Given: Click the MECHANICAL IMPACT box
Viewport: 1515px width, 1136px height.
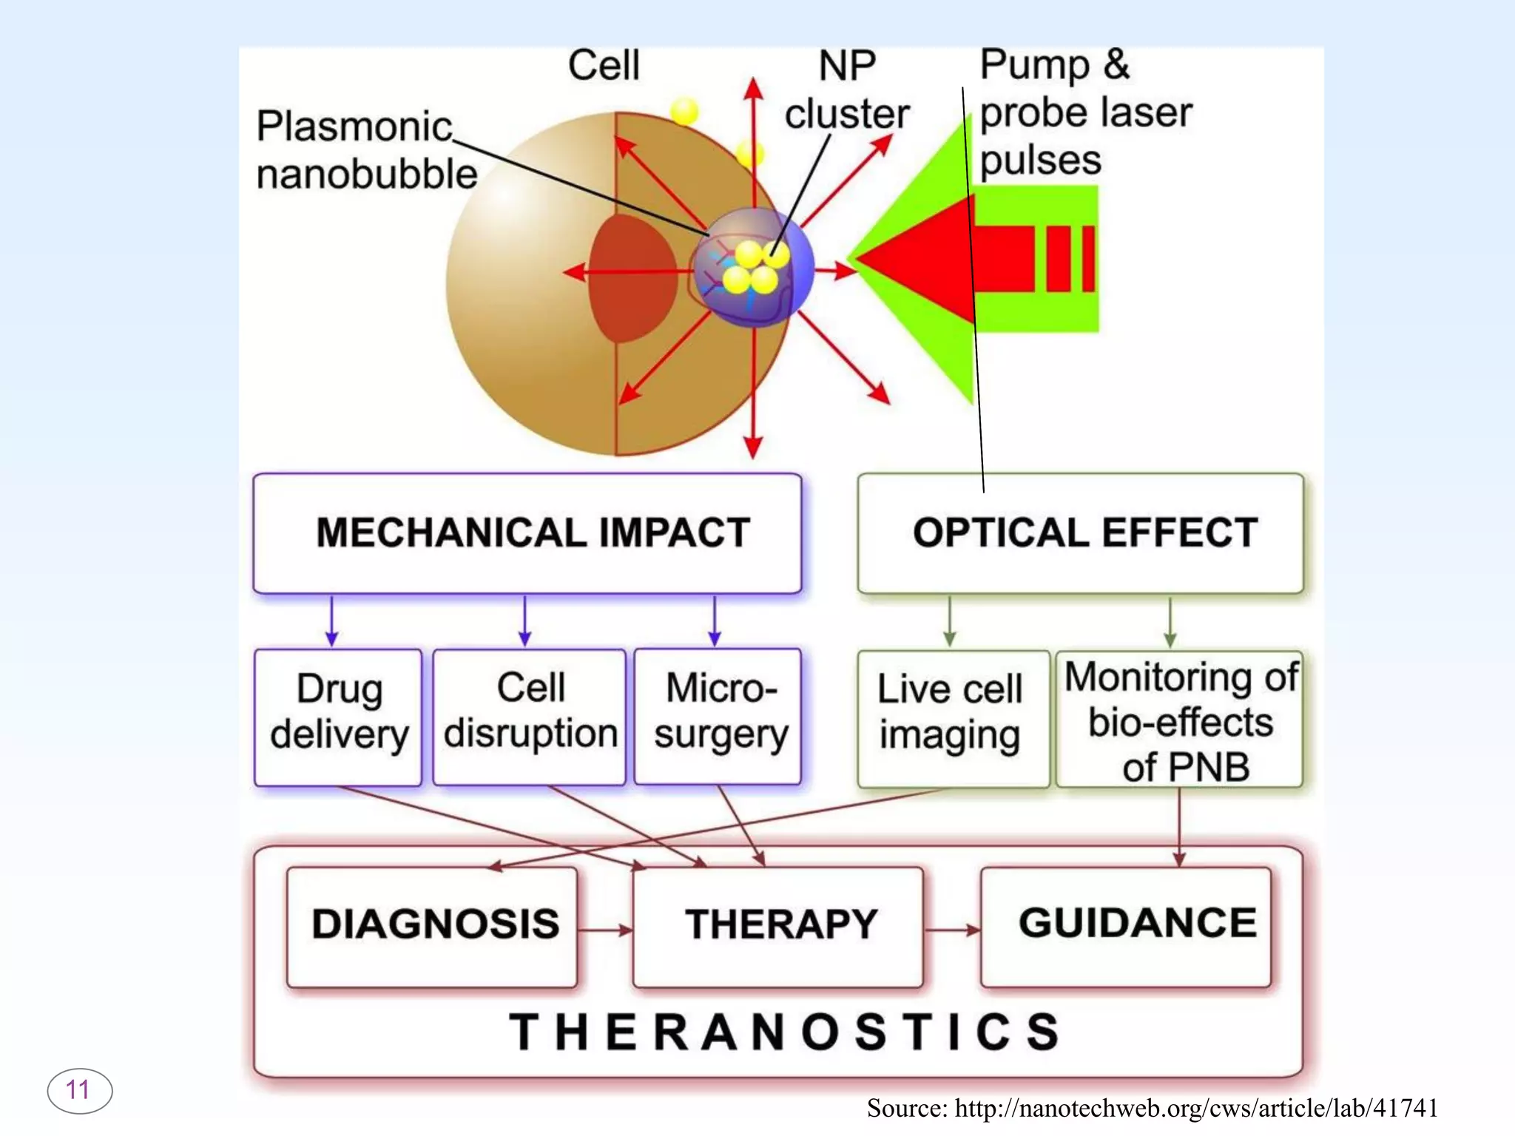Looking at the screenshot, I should tap(527, 532).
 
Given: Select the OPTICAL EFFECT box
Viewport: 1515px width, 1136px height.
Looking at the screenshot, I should tap(1080, 532).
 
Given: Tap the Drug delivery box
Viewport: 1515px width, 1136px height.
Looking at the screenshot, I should tap(338, 716).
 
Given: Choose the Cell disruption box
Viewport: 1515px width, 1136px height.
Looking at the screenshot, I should tap(530, 716).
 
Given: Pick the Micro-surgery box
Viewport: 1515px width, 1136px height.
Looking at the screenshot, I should tap(718, 716).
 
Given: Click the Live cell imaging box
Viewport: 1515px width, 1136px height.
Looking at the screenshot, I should tap(953, 717).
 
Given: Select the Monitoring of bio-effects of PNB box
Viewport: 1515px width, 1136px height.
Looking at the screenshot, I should tap(1179, 719).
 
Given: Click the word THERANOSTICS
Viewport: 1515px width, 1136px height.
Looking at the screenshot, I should tap(784, 1032).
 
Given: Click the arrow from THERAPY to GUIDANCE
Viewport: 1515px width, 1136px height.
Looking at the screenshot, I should tap(952, 930).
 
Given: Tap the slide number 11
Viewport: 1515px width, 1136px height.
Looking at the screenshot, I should tap(79, 1090).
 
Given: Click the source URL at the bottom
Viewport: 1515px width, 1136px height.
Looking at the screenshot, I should tap(1153, 1108).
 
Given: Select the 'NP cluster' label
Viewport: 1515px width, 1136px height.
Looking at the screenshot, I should tap(847, 90).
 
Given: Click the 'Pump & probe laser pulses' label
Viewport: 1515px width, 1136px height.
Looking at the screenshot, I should tap(1084, 112).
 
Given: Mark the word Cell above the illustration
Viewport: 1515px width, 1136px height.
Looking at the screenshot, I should tap(604, 65).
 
